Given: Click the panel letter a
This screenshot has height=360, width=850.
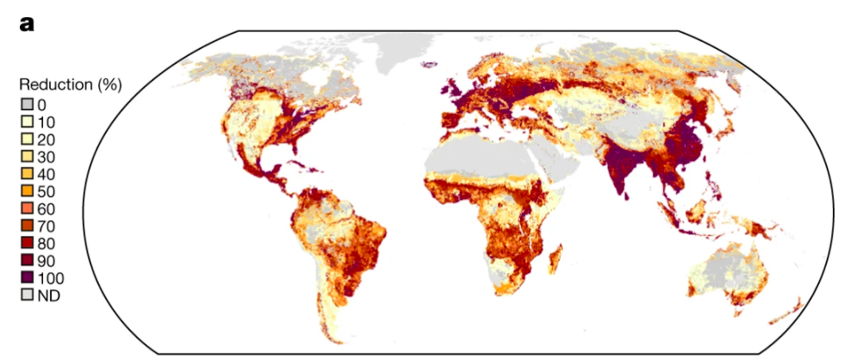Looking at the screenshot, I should [26, 24].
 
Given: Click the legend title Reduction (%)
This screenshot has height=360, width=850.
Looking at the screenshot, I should [70, 85].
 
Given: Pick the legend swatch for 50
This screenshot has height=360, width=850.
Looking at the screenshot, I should [28, 190].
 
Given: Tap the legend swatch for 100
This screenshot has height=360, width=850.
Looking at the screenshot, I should [28, 278].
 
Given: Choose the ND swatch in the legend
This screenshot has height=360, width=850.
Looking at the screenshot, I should [28, 295].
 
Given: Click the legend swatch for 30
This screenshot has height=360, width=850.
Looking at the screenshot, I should [28, 156].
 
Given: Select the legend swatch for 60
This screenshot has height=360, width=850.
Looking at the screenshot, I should [28, 208].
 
